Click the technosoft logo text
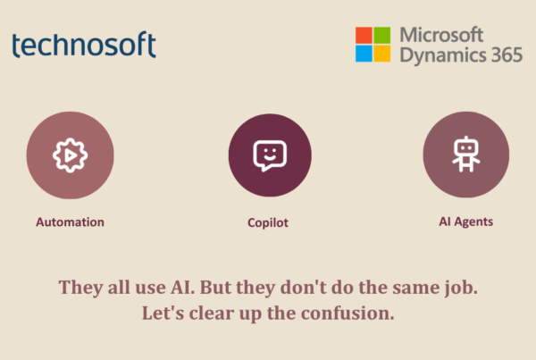(x=84, y=45)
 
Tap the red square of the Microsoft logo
(x=364, y=35)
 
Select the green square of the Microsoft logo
(x=381, y=35)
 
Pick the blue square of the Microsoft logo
(x=364, y=54)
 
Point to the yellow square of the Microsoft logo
(x=381, y=54)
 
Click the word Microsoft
(x=441, y=35)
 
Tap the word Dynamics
(x=443, y=55)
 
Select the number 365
(x=507, y=54)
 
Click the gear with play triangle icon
(x=70, y=155)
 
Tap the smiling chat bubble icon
(x=270, y=155)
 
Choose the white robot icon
(x=466, y=154)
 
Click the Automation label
(x=70, y=222)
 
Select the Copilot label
(x=268, y=223)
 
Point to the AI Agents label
(x=466, y=222)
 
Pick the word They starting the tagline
(x=80, y=288)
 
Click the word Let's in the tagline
(x=163, y=314)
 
